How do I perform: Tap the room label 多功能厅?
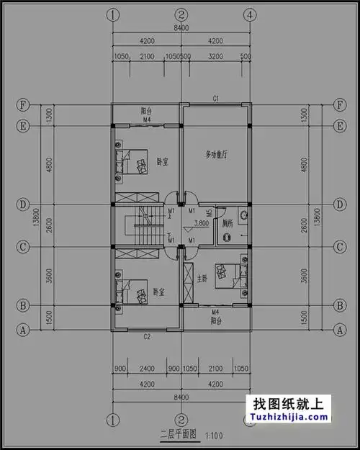tap(216, 155)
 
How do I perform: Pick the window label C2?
tap(147, 336)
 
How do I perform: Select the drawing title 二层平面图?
tap(178, 434)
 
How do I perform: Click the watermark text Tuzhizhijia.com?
tap(287, 415)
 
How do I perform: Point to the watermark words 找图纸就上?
tap(287, 402)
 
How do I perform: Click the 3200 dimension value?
tap(215, 56)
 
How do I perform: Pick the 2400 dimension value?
tap(147, 369)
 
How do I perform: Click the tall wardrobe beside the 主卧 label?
tap(189, 283)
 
